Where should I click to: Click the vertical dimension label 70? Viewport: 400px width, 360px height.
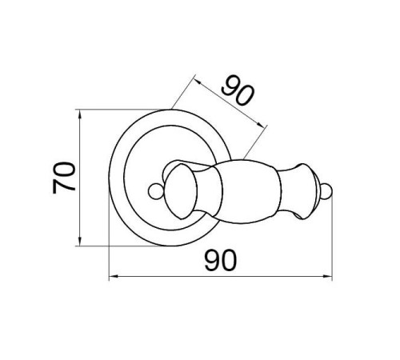(x=64, y=178)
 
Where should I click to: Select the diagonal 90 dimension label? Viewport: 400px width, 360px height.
(x=238, y=90)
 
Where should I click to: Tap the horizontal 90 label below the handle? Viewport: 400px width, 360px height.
(x=221, y=260)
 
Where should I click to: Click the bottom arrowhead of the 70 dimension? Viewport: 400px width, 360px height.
(x=79, y=242)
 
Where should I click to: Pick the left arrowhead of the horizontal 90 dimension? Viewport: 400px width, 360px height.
(x=114, y=277)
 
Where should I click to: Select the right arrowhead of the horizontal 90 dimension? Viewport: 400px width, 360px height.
(x=327, y=277)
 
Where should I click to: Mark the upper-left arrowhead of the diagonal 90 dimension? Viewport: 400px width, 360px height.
(x=198, y=81)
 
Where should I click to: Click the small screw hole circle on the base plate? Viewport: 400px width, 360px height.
(x=155, y=191)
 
